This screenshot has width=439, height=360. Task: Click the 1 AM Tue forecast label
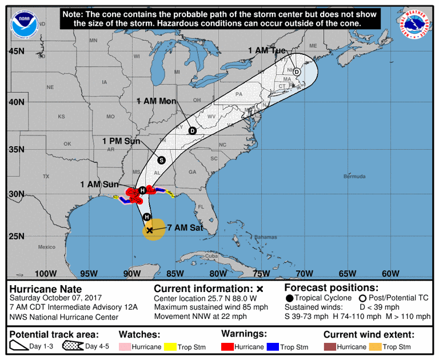tap(266, 51)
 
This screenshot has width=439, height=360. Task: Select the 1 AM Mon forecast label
tap(156, 101)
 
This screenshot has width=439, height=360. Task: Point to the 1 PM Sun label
tap(122, 141)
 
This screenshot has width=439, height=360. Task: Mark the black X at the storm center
tap(150, 230)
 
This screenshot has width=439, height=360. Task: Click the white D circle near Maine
tap(297, 72)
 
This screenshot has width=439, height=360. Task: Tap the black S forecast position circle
tap(161, 160)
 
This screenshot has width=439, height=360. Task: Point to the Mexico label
tap(46, 247)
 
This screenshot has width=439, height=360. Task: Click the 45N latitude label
tap(17, 51)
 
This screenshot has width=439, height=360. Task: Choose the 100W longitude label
tap(46, 273)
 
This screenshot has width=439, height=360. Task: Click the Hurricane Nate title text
tap(46, 289)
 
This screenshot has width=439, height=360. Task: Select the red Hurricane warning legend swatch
tap(229, 347)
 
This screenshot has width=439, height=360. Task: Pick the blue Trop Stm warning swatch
tap(273, 347)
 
